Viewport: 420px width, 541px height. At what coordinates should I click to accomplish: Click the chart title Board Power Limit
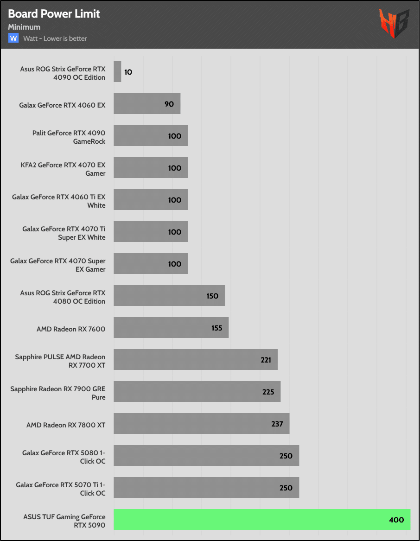coord(54,14)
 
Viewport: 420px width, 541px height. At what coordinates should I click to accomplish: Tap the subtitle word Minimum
coord(24,27)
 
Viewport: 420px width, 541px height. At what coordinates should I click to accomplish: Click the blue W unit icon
coord(13,38)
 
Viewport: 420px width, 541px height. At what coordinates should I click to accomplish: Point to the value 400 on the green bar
coord(396,520)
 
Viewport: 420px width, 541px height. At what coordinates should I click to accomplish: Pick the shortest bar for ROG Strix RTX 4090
coord(117,72)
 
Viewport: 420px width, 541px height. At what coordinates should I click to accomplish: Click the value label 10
coord(128,72)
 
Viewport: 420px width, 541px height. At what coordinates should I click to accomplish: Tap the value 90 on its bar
coord(169,104)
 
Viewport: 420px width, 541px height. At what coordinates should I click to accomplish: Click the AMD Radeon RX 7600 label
coord(71,329)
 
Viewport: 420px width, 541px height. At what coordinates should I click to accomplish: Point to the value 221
coord(266,360)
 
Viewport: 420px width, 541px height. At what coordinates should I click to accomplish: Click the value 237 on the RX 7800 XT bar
coord(277,424)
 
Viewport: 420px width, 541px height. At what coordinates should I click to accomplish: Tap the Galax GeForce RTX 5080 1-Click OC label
coord(64,457)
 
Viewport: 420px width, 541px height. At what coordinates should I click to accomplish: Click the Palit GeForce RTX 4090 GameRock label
coord(69,137)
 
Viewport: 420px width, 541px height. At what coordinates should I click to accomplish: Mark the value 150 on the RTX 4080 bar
coord(212,296)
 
